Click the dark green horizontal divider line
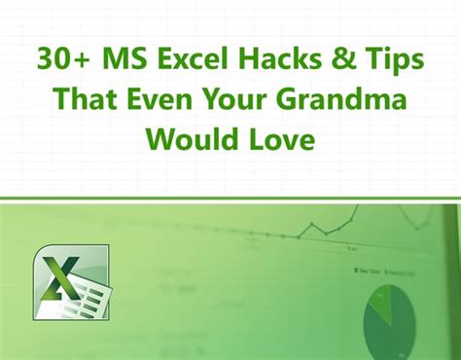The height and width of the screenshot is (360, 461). [230, 200]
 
